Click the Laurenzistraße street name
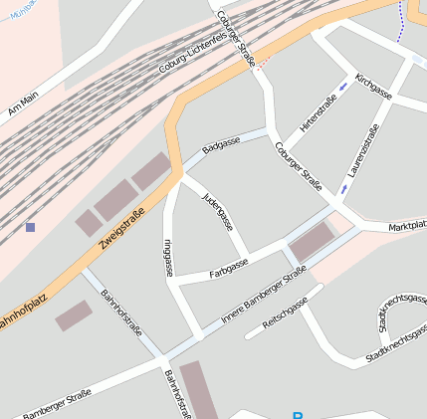tap(363, 152)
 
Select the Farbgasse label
tap(229, 268)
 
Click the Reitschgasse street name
tap(286, 315)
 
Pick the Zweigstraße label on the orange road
tap(122, 228)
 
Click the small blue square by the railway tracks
tap(31, 227)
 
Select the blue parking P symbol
tap(297, 415)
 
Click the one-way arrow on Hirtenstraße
tap(344, 87)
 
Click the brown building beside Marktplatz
tap(312, 242)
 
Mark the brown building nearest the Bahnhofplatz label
tap(73, 315)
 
